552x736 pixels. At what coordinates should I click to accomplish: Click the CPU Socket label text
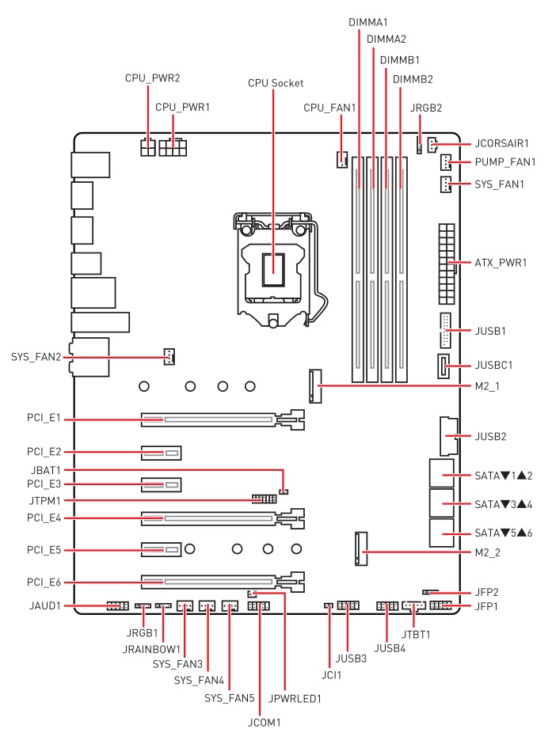(x=275, y=82)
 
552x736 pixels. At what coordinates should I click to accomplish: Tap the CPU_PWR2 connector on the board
(x=147, y=147)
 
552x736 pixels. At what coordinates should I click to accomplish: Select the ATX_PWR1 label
(x=500, y=262)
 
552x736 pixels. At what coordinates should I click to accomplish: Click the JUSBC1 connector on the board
(x=443, y=366)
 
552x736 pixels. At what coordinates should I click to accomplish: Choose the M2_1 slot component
(x=318, y=385)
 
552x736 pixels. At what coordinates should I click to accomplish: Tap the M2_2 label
(x=489, y=552)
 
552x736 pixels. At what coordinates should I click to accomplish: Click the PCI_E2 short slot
(x=162, y=453)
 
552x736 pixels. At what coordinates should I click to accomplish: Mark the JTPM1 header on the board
(x=264, y=500)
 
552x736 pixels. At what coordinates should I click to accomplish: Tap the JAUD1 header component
(x=117, y=606)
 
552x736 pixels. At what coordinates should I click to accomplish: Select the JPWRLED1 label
(x=295, y=700)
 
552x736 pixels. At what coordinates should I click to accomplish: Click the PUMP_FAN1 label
(x=504, y=162)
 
